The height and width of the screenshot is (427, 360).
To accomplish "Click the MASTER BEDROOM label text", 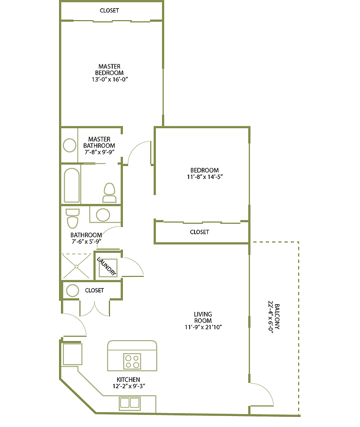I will point(109,70).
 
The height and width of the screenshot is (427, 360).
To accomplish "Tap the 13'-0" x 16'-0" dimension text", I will point(109,80).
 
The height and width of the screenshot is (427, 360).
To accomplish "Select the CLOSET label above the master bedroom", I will point(109,11).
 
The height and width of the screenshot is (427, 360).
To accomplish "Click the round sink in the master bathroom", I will point(70,145).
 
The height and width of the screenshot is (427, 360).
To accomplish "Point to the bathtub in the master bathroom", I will point(72,185).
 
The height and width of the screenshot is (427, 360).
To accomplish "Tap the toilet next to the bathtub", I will point(110,192).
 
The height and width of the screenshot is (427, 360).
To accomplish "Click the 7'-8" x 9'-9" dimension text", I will point(99,152).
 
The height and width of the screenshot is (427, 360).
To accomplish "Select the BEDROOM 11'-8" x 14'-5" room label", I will point(204,173).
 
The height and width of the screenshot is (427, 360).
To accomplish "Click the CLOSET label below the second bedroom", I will point(200,232).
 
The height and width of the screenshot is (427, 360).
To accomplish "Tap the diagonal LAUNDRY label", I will point(107,266).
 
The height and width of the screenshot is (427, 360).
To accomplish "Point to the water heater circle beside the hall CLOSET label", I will point(72,290).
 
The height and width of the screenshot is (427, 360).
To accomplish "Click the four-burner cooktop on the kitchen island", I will point(132,361).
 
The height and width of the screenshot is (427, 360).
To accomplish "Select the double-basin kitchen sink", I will point(129,403).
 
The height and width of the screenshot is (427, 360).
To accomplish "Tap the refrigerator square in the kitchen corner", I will point(72,354).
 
